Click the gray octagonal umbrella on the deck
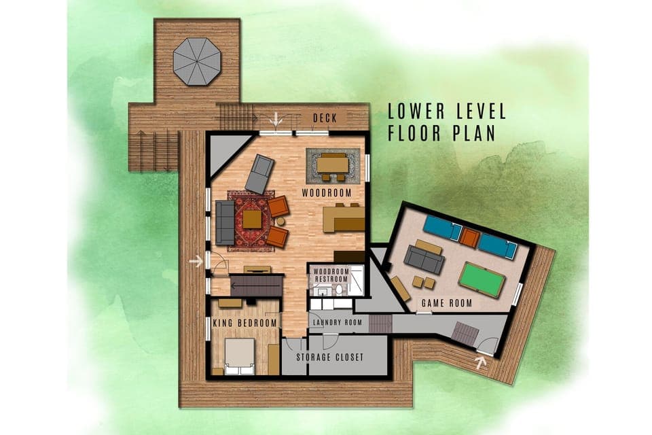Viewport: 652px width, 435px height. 197,60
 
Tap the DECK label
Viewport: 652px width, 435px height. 325,118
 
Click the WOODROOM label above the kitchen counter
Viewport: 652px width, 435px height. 327,193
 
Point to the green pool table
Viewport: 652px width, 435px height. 483,279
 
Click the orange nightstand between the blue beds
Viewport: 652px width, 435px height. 469,237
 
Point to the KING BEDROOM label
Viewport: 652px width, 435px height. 245,323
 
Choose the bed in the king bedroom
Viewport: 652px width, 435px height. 239,356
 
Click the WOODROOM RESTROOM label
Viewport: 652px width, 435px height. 330,275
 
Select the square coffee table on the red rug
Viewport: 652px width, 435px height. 252,219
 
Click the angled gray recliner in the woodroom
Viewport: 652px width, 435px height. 259,174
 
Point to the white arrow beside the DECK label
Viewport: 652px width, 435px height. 276,120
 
